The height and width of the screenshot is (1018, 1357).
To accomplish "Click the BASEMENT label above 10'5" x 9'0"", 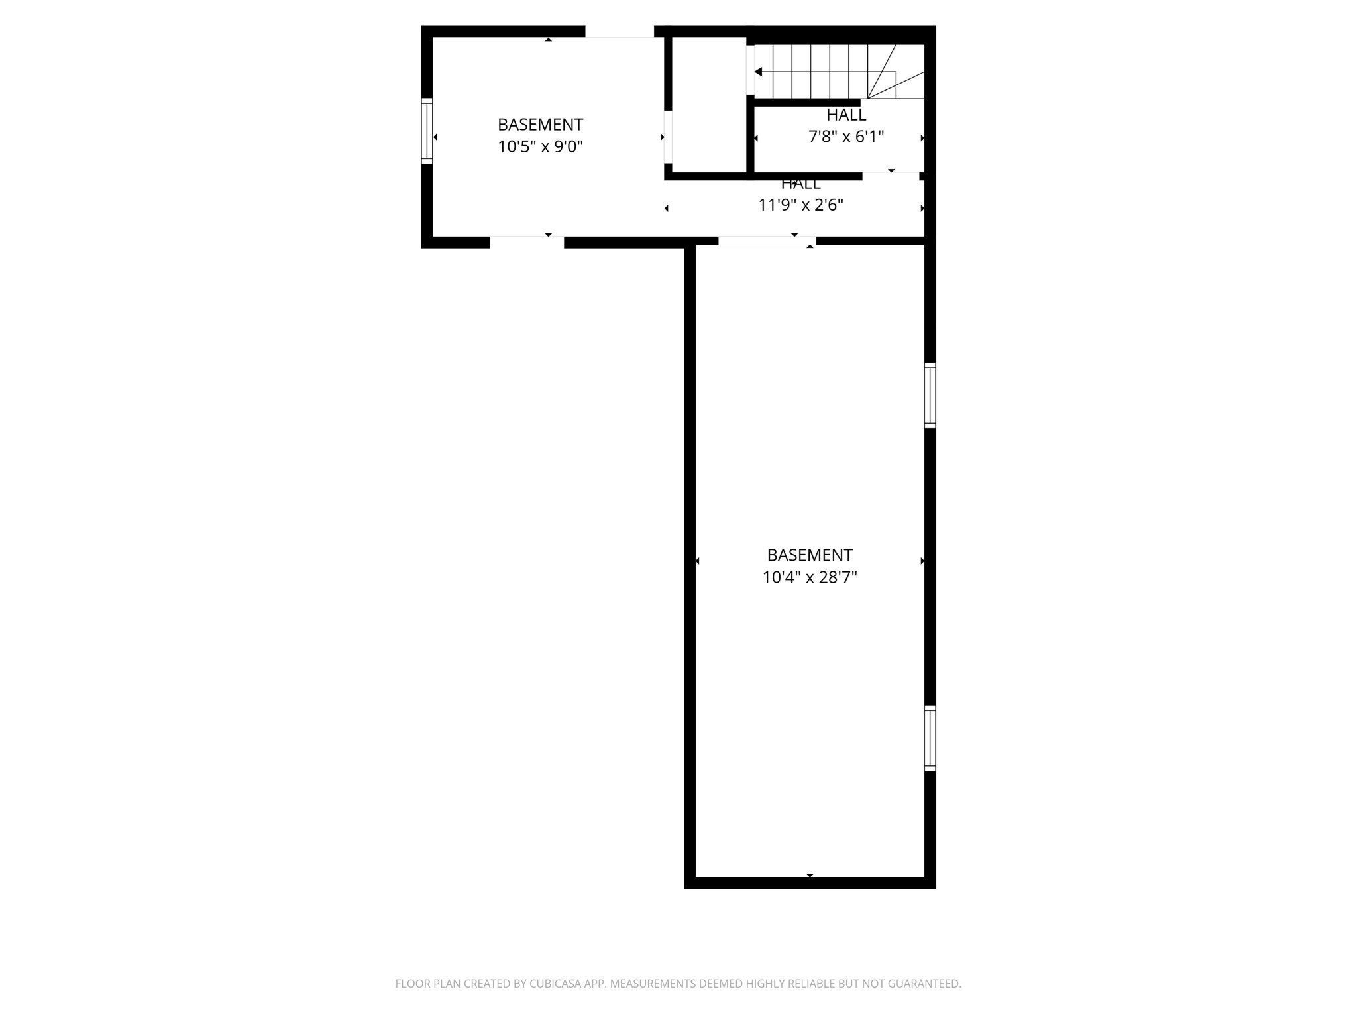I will coord(540,125).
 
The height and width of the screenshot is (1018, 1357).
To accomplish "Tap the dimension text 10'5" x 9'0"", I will coord(540,146).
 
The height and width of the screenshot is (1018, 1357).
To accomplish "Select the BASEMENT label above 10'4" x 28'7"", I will coord(810,555).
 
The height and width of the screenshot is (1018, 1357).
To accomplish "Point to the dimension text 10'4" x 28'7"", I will coord(810,577).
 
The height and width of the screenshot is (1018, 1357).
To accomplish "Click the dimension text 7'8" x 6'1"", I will coord(846,137).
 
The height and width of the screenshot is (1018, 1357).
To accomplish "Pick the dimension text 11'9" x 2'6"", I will coord(800,205).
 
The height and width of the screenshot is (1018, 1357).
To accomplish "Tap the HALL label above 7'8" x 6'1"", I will coord(846,115).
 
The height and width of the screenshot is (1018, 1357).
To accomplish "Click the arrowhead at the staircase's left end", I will coord(758,72).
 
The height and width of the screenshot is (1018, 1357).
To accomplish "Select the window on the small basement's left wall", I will coord(427,131).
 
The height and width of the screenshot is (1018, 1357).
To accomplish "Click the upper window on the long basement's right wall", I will coord(930,395).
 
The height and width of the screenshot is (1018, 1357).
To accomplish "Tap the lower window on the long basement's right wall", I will coord(930,738).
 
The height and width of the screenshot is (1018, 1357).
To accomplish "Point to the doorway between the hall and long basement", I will coord(767,241).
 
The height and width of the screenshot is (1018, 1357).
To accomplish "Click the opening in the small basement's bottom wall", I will coord(527,242).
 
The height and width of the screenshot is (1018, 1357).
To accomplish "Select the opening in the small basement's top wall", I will coord(620,31).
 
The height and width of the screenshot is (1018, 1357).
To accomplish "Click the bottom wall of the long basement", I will coord(810,883).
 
